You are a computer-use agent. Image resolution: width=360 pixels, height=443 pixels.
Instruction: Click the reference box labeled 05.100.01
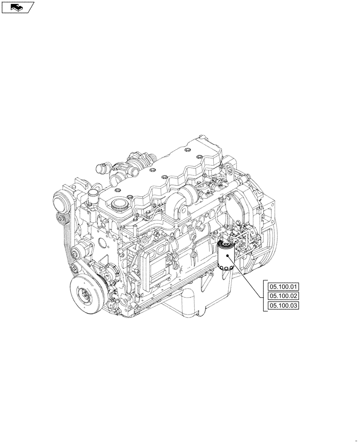point(283,286)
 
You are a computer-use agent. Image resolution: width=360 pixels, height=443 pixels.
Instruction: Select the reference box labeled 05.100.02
point(283,296)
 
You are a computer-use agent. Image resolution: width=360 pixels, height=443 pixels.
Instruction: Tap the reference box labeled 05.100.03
point(283,306)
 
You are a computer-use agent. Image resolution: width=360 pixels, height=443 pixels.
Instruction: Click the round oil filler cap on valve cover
point(118,205)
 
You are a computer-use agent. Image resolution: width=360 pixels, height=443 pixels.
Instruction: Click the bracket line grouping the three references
point(265,296)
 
